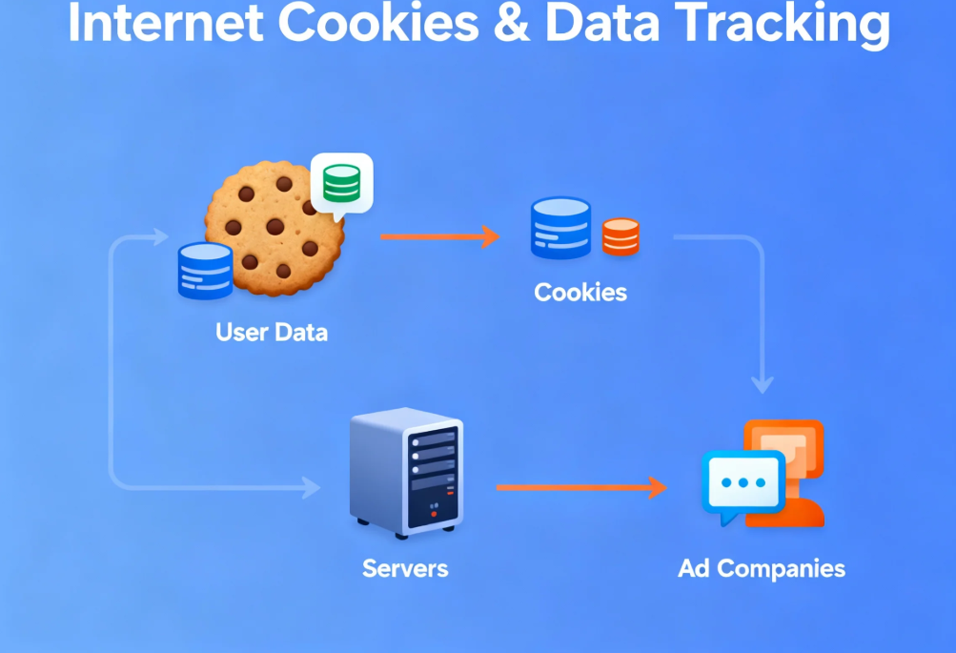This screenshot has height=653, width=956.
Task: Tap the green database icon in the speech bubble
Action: pyautogui.click(x=341, y=183)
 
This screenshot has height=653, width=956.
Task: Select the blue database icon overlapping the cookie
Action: pyautogui.click(x=205, y=271)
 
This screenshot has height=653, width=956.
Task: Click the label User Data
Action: pyautogui.click(x=272, y=333)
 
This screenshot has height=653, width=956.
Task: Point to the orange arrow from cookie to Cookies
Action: pyautogui.click(x=439, y=236)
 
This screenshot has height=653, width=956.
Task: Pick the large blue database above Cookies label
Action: pyautogui.click(x=560, y=228)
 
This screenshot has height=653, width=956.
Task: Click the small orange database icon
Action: pyautogui.click(x=620, y=235)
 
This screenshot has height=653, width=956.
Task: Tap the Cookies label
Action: pyautogui.click(x=580, y=292)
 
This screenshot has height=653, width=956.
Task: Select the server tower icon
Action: pyautogui.click(x=406, y=470)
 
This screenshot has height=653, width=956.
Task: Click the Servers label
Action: pyautogui.click(x=405, y=569)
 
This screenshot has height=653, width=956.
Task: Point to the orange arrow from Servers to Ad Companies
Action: pyautogui.click(x=580, y=488)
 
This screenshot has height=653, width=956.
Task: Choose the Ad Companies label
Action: pyautogui.click(x=761, y=569)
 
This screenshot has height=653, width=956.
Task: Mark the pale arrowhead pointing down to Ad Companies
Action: pyautogui.click(x=762, y=384)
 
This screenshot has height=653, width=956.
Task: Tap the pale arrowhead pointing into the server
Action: pyautogui.click(x=311, y=488)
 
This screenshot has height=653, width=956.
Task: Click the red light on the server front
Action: pyautogui.click(x=434, y=515)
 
